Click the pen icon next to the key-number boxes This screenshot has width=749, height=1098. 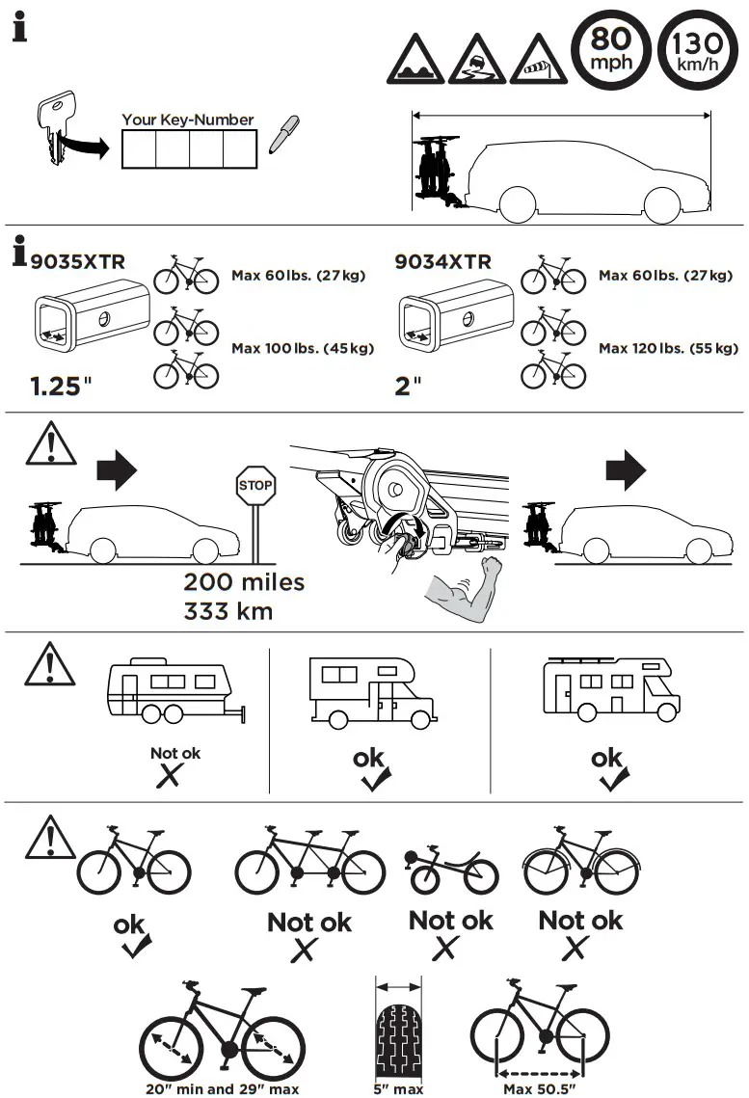tap(280, 136)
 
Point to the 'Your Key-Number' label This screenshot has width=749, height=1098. tap(188, 120)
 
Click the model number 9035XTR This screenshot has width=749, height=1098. tap(77, 261)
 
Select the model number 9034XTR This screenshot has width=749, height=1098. tap(442, 261)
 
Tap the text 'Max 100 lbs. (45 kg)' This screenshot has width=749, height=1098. tap(303, 348)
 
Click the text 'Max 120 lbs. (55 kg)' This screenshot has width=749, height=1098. tap(668, 348)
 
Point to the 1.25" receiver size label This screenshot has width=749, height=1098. tap(61, 388)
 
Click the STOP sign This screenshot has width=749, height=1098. tap(255, 486)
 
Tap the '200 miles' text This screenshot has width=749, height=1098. tap(244, 582)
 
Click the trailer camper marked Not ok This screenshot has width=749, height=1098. tap(174, 693)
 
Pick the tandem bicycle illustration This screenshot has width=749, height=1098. tap(309, 860)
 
